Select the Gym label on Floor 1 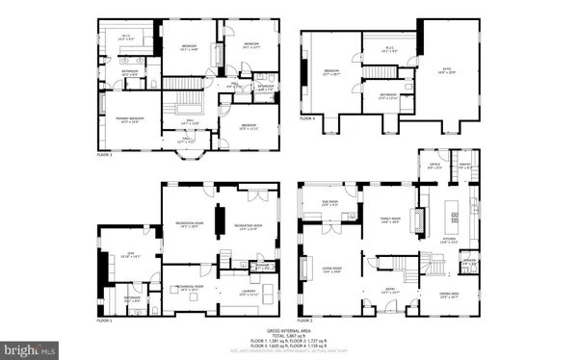coord(121,255)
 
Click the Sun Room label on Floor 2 coord(328,203)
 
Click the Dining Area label coord(449,296)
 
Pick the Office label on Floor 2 coord(434,166)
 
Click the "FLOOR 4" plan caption coord(306,118)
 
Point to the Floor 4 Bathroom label coord(388,96)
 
